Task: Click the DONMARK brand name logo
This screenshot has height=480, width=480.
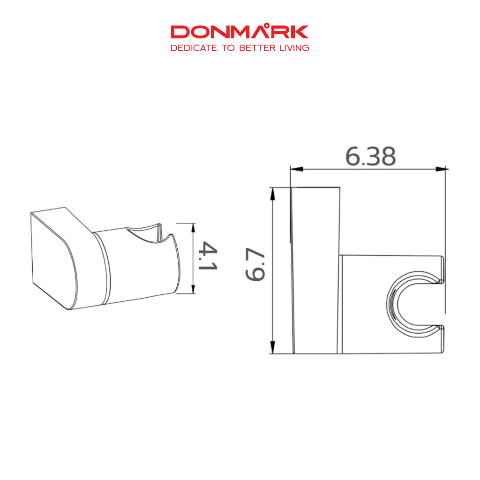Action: (x=240, y=31)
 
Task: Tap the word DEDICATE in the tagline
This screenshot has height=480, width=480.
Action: (x=194, y=48)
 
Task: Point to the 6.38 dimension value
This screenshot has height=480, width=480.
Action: (x=370, y=157)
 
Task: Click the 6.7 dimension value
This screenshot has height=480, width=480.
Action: (x=255, y=264)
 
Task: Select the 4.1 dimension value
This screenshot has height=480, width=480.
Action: (x=208, y=256)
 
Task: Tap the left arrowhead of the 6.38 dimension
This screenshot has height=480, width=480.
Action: (x=296, y=169)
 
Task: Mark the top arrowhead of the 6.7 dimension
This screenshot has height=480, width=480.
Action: (x=272, y=194)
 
